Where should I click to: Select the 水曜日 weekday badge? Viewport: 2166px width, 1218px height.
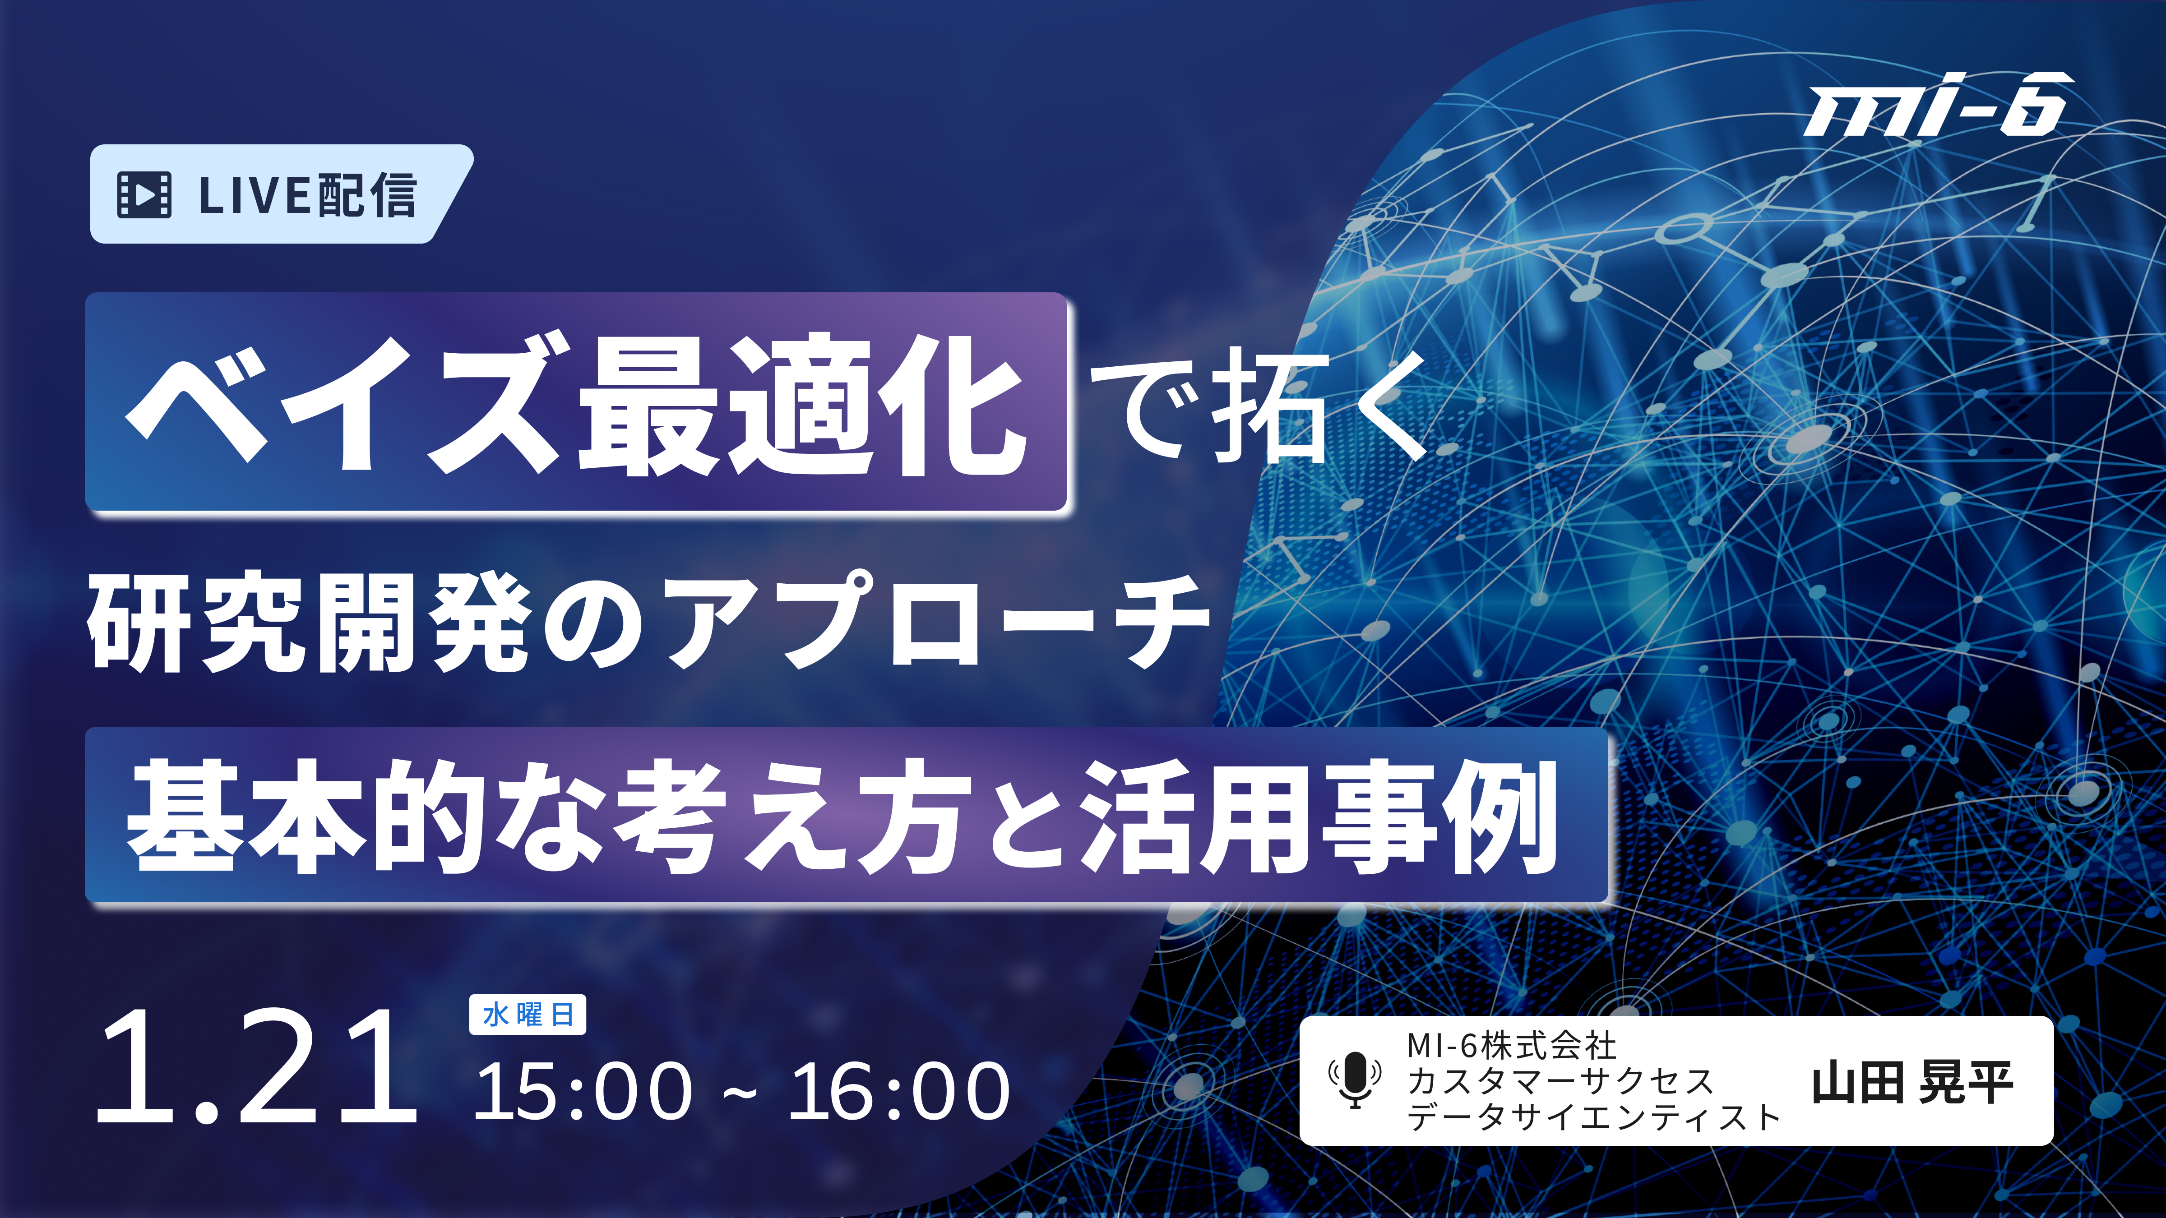pos(527,1015)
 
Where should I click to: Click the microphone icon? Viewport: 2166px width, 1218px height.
pos(1355,1080)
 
